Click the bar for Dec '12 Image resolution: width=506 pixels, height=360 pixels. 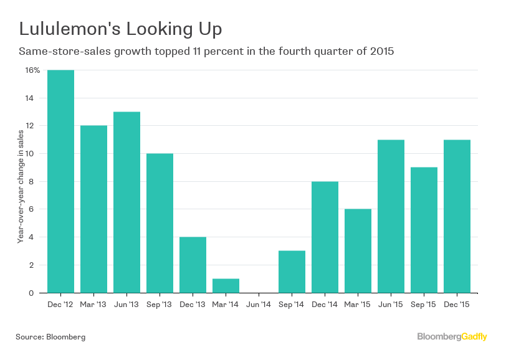pos(60,181)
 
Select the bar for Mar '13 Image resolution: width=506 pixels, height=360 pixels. pos(93,209)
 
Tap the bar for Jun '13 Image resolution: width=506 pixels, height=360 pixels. pos(126,202)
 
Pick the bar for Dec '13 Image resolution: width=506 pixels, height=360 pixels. pos(193,265)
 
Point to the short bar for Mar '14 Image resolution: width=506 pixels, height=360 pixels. pos(226,285)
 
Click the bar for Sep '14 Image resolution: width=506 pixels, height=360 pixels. pos(292,272)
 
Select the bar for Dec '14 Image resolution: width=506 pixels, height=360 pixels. pos(325,237)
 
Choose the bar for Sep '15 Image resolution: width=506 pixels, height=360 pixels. pos(424,230)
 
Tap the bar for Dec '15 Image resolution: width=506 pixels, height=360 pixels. pos(457,216)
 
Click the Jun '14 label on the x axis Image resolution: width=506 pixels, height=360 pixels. pos(259,305)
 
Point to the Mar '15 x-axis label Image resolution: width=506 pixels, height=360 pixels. pos(358,305)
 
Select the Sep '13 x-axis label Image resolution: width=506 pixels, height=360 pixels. pos(160,305)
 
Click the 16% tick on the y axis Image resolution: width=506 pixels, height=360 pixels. pos(33,70)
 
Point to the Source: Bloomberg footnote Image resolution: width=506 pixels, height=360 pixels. pos(50,337)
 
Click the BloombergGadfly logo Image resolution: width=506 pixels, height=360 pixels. pos(452,337)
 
